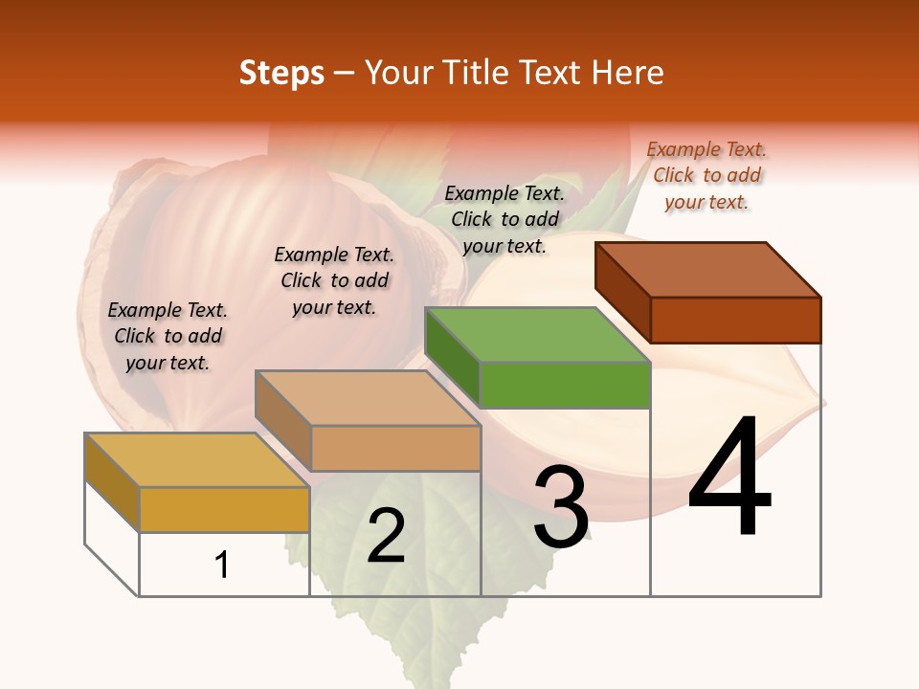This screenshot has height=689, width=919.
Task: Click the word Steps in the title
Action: click(x=281, y=73)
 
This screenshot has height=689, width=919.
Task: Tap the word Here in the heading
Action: click(x=628, y=73)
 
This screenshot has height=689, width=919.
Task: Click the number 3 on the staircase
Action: click(x=561, y=507)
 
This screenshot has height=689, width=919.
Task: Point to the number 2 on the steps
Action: click(x=386, y=536)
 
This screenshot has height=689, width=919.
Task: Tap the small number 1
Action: click(x=222, y=565)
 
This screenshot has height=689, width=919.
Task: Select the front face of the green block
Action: click(x=565, y=386)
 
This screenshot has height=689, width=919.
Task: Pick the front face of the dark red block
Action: click(x=735, y=320)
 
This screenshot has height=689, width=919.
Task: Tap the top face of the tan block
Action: click(x=368, y=398)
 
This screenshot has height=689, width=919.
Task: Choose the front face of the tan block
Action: click(x=395, y=448)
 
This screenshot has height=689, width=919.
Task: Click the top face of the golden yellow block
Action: click(x=197, y=460)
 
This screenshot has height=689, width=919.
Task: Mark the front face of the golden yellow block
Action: click(x=224, y=509)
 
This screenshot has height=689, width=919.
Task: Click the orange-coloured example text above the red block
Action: click(x=706, y=175)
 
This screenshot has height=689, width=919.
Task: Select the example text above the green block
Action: click(x=504, y=219)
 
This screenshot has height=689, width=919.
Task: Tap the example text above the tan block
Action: click(x=334, y=280)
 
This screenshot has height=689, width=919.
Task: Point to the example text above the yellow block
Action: click(x=168, y=336)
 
